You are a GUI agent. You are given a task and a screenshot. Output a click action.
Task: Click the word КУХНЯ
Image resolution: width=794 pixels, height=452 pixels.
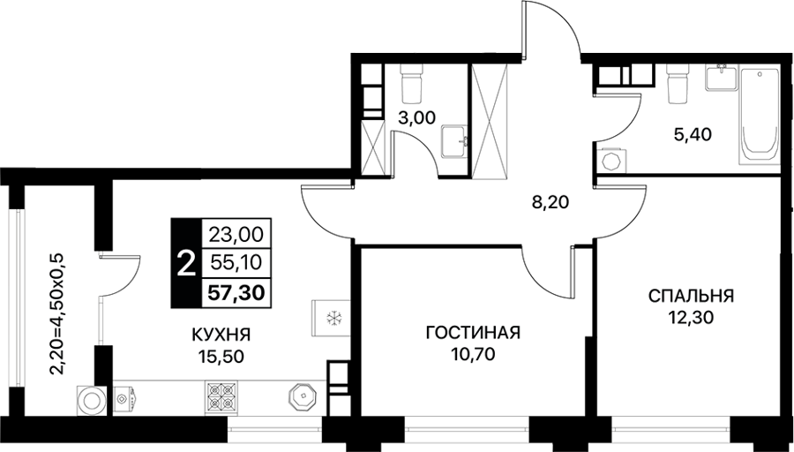221,335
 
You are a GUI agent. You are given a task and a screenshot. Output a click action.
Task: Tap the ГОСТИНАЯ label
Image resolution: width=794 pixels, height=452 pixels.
474,333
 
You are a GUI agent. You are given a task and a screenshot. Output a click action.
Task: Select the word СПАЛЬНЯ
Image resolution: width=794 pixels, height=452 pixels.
691,296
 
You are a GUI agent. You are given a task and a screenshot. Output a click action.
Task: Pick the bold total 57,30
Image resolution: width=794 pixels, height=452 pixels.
237,292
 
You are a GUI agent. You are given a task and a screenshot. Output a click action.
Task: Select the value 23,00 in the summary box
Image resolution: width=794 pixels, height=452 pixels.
236,234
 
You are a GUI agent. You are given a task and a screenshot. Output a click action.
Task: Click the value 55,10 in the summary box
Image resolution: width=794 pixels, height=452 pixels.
236,263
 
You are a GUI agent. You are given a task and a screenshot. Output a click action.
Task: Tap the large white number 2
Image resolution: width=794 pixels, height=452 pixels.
186,263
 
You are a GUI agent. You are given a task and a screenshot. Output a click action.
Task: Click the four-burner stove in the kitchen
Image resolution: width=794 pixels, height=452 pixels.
221,396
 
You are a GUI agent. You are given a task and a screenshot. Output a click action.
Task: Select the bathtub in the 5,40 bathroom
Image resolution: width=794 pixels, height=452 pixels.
759,115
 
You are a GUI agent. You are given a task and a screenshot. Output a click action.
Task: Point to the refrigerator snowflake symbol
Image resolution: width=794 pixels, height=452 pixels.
333,318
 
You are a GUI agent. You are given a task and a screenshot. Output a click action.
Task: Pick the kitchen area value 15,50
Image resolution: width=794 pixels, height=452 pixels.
221,357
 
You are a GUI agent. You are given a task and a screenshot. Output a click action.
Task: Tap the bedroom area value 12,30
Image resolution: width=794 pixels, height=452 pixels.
691,317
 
